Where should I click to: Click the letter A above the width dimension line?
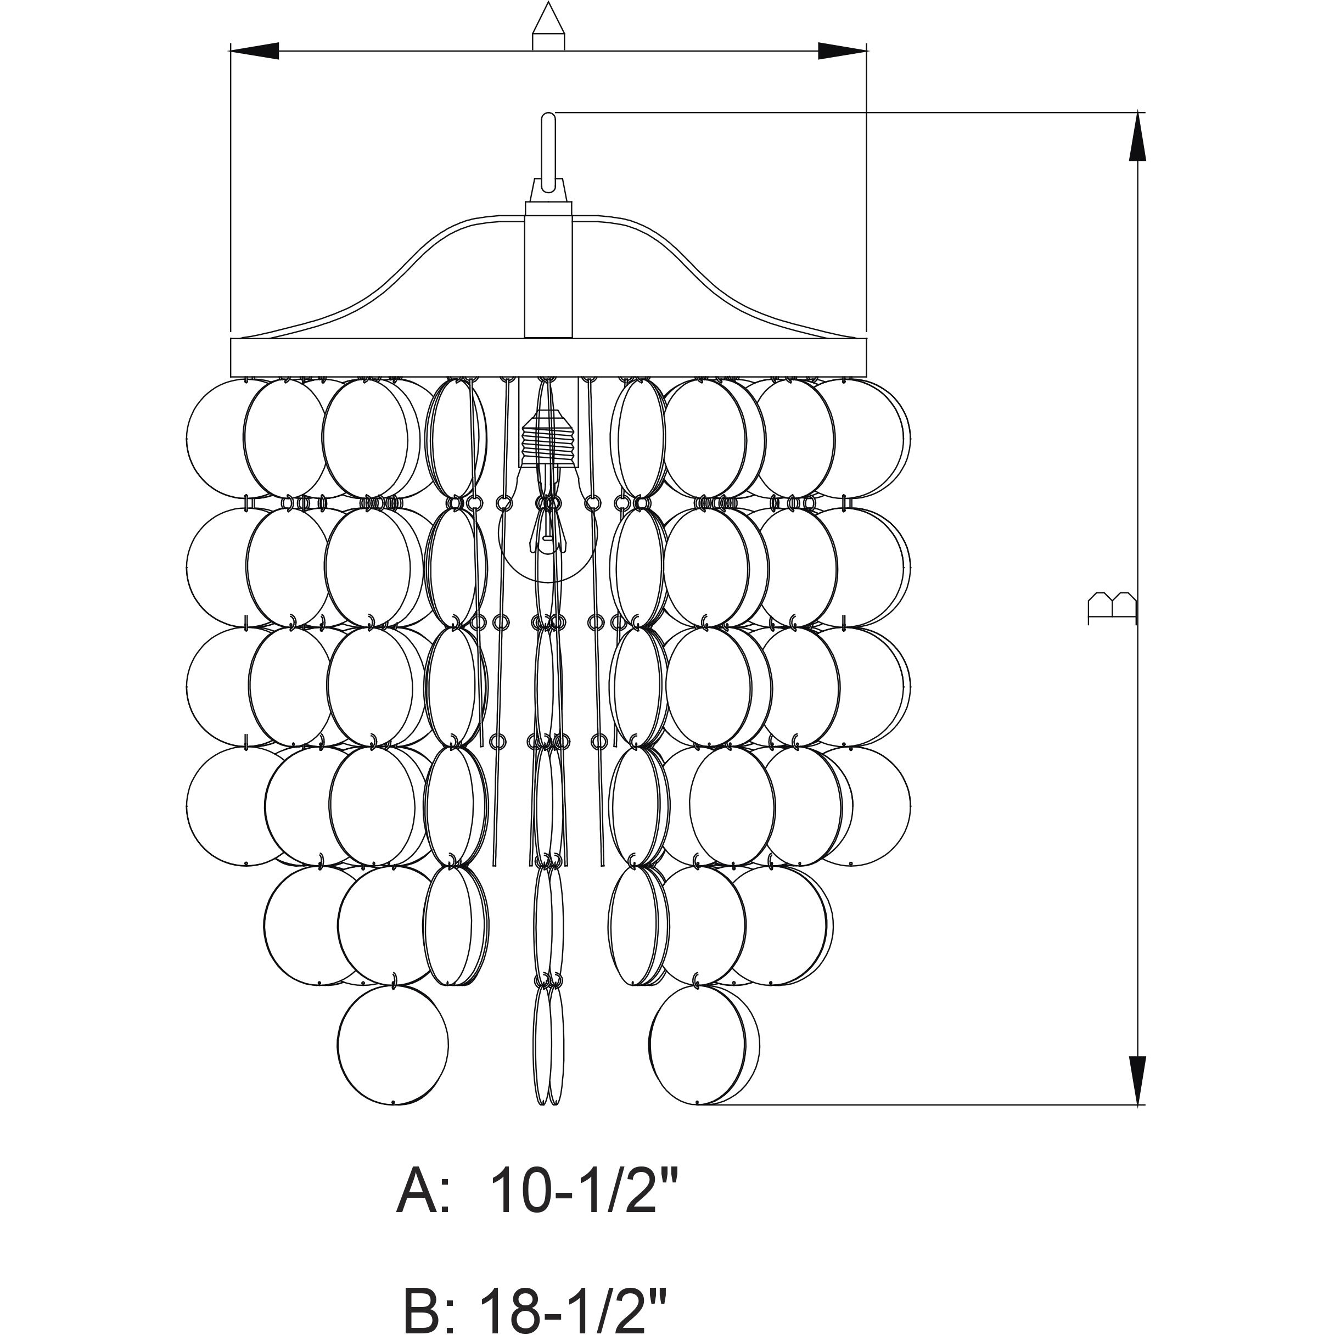coord(548,26)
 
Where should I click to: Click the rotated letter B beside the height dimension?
coord(1112,608)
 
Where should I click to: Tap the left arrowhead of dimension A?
coord(254,51)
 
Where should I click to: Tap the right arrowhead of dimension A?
coord(842,51)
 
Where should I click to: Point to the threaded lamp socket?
coord(548,440)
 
